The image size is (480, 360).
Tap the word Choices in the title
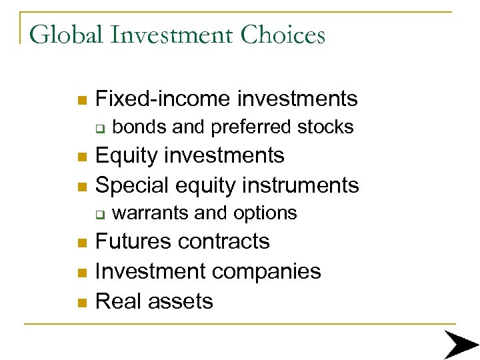coord(283,34)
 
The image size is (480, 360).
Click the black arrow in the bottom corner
coord(461,345)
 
